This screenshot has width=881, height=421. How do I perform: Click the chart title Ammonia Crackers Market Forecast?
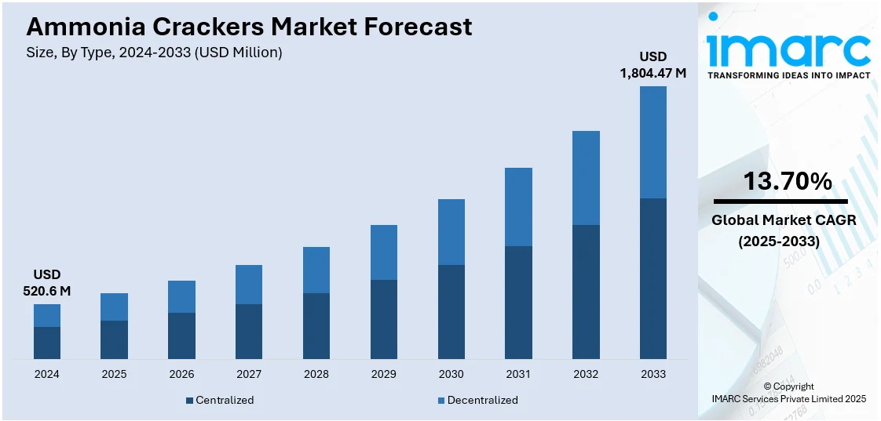click(249, 27)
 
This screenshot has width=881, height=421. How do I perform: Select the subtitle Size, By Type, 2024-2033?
click(154, 53)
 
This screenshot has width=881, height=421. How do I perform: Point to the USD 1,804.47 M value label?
click(653, 64)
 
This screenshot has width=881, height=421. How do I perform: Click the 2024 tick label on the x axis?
click(47, 374)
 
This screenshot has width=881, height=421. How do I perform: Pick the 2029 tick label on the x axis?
click(383, 374)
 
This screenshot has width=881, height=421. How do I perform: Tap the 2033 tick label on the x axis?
click(653, 374)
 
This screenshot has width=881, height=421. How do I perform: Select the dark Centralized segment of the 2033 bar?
click(653, 278)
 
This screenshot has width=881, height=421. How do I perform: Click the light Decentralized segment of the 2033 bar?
click(653, 142)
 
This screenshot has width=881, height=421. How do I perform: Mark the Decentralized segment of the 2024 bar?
click(47, 315)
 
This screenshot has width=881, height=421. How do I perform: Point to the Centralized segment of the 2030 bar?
click(451, 312)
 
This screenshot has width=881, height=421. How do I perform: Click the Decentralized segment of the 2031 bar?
click(518, 207)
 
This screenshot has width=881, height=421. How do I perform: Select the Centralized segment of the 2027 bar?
click(249, 332)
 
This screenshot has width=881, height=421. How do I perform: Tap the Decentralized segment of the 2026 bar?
click(181, 296)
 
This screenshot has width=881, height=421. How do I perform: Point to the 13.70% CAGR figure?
click(788, 182)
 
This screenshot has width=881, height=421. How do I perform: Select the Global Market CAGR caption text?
click(784, 230)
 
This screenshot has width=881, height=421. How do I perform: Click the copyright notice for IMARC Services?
click(788, 393)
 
